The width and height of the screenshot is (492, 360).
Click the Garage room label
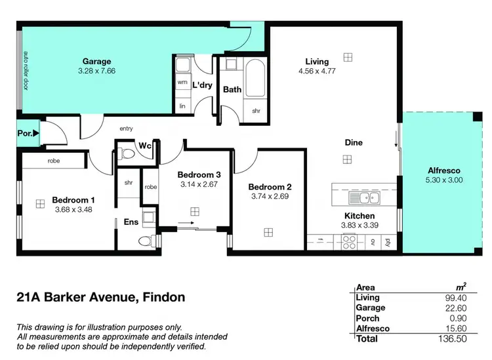tap(96, 62)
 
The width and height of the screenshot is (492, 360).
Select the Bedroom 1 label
tap(73, 199)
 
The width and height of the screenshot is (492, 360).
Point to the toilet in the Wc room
tap(128, 154)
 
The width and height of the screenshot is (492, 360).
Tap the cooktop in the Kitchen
tap(349, 241)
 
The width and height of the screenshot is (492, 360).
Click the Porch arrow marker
tap(35, 133)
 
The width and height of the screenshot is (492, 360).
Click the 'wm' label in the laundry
tap(182, 83)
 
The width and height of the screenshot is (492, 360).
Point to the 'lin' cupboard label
tap(182, 106)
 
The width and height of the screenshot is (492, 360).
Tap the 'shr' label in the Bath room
tap(256, 111)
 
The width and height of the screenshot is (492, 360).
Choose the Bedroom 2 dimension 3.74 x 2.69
tap(270, 196)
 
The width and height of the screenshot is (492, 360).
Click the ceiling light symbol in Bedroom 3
tap(195, 210)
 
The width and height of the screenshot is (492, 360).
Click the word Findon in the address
tap(161, 297)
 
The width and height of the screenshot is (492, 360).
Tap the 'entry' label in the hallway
tap(126, 129)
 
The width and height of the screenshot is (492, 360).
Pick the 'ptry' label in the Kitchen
tap(388, 241)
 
